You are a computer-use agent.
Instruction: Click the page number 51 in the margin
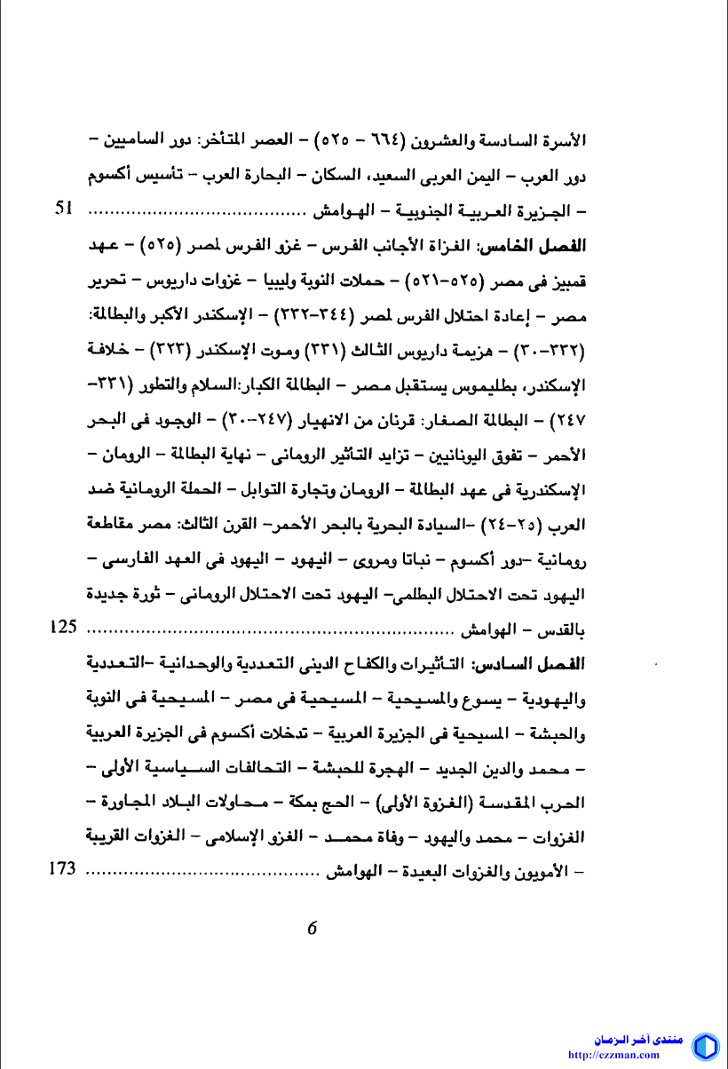coord(63,210)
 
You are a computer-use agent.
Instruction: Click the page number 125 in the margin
coord(63,627)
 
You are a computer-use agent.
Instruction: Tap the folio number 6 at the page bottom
coord(312,928)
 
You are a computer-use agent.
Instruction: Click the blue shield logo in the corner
coord(705,1046)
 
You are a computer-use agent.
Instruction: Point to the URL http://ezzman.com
coord(613,1056)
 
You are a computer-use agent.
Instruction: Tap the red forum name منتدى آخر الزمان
coord(638,1039)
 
